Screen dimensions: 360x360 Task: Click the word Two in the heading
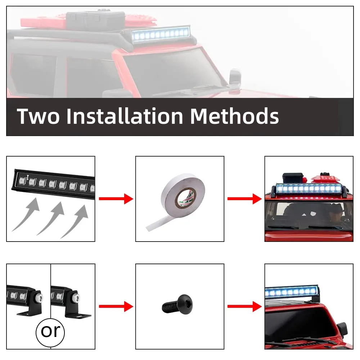[38, 116]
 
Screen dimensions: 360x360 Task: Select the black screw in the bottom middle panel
[177, 304]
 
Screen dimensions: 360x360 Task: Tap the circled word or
[50, 332]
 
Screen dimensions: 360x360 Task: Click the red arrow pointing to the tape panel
[116, 199]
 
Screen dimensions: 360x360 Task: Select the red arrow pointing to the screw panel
[116, 306]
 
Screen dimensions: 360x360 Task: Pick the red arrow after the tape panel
[244, 199]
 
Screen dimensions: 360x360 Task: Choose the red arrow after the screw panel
[244, 306]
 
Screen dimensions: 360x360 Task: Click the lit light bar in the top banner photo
[161, 34]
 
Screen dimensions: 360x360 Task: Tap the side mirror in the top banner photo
[235, 79]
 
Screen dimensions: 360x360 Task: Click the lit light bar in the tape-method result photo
[309, 189]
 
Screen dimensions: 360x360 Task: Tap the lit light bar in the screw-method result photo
[292, 292]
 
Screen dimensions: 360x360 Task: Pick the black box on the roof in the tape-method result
[293, 178]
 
